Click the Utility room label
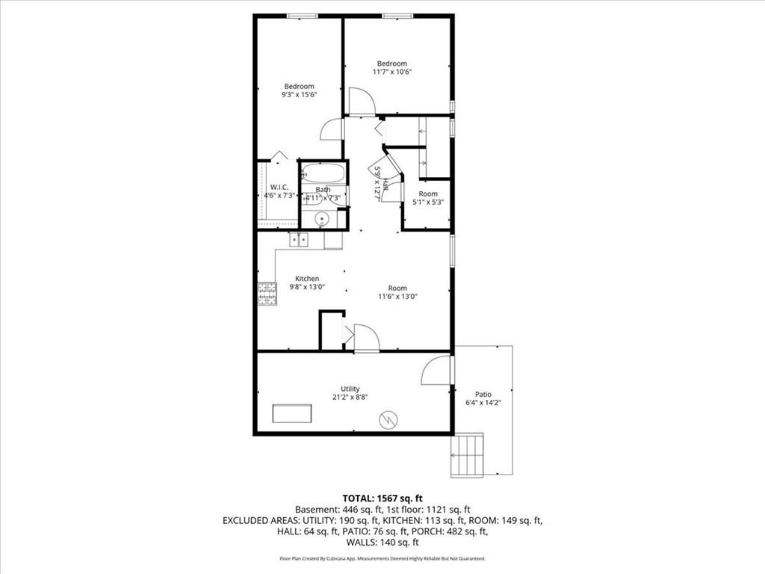coord(350,389)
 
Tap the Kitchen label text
coord(307,278)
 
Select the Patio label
coord(483,394)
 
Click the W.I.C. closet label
coord(279,187)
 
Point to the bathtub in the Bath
coord(323,173)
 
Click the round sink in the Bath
coord(321,219)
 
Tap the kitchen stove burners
coord(267,294)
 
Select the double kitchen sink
coord(299,240)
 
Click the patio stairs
coord(467,455)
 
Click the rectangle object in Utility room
coord(292,413)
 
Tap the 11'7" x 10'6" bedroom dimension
coord(392,72)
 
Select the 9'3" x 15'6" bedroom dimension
coord(299,95)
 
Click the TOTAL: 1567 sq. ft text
coord(382,499)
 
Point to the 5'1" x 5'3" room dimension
coord(428,202)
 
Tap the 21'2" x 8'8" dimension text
coord(350,397)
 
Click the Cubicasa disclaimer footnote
coord(382,558)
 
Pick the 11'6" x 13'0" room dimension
coord(397,296)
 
